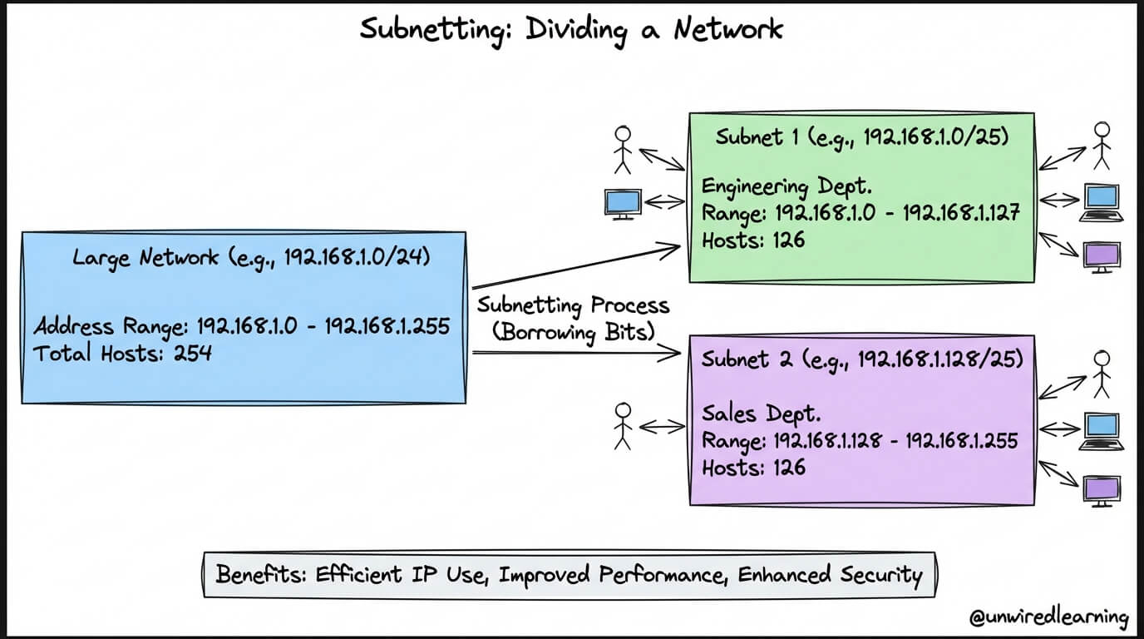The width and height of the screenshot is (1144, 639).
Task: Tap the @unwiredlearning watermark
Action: (1049, 617)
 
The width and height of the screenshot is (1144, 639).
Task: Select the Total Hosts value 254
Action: (193, 354)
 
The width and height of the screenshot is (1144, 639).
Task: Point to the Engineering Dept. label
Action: (787, 186)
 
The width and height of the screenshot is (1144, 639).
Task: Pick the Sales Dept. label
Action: (761, 414)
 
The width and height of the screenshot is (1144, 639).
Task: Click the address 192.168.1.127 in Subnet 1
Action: (961, 212)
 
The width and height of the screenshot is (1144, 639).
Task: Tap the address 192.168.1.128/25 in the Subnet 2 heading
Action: (937, 359)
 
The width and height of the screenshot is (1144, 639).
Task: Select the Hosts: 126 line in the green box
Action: (753, 240)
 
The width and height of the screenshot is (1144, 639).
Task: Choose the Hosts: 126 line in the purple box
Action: (753, 468)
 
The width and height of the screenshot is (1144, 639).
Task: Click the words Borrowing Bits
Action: (574, 332)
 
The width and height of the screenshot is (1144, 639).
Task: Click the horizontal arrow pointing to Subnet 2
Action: (576, 352)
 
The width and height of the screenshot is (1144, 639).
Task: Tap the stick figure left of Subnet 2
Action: (623, 426)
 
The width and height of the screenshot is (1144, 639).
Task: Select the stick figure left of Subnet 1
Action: (623, 150)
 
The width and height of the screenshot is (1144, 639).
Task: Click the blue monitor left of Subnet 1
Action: (623, 205)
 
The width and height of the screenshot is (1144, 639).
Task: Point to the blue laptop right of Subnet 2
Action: (1102, 432)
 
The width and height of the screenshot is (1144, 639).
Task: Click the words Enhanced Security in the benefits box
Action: (831, 575)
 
